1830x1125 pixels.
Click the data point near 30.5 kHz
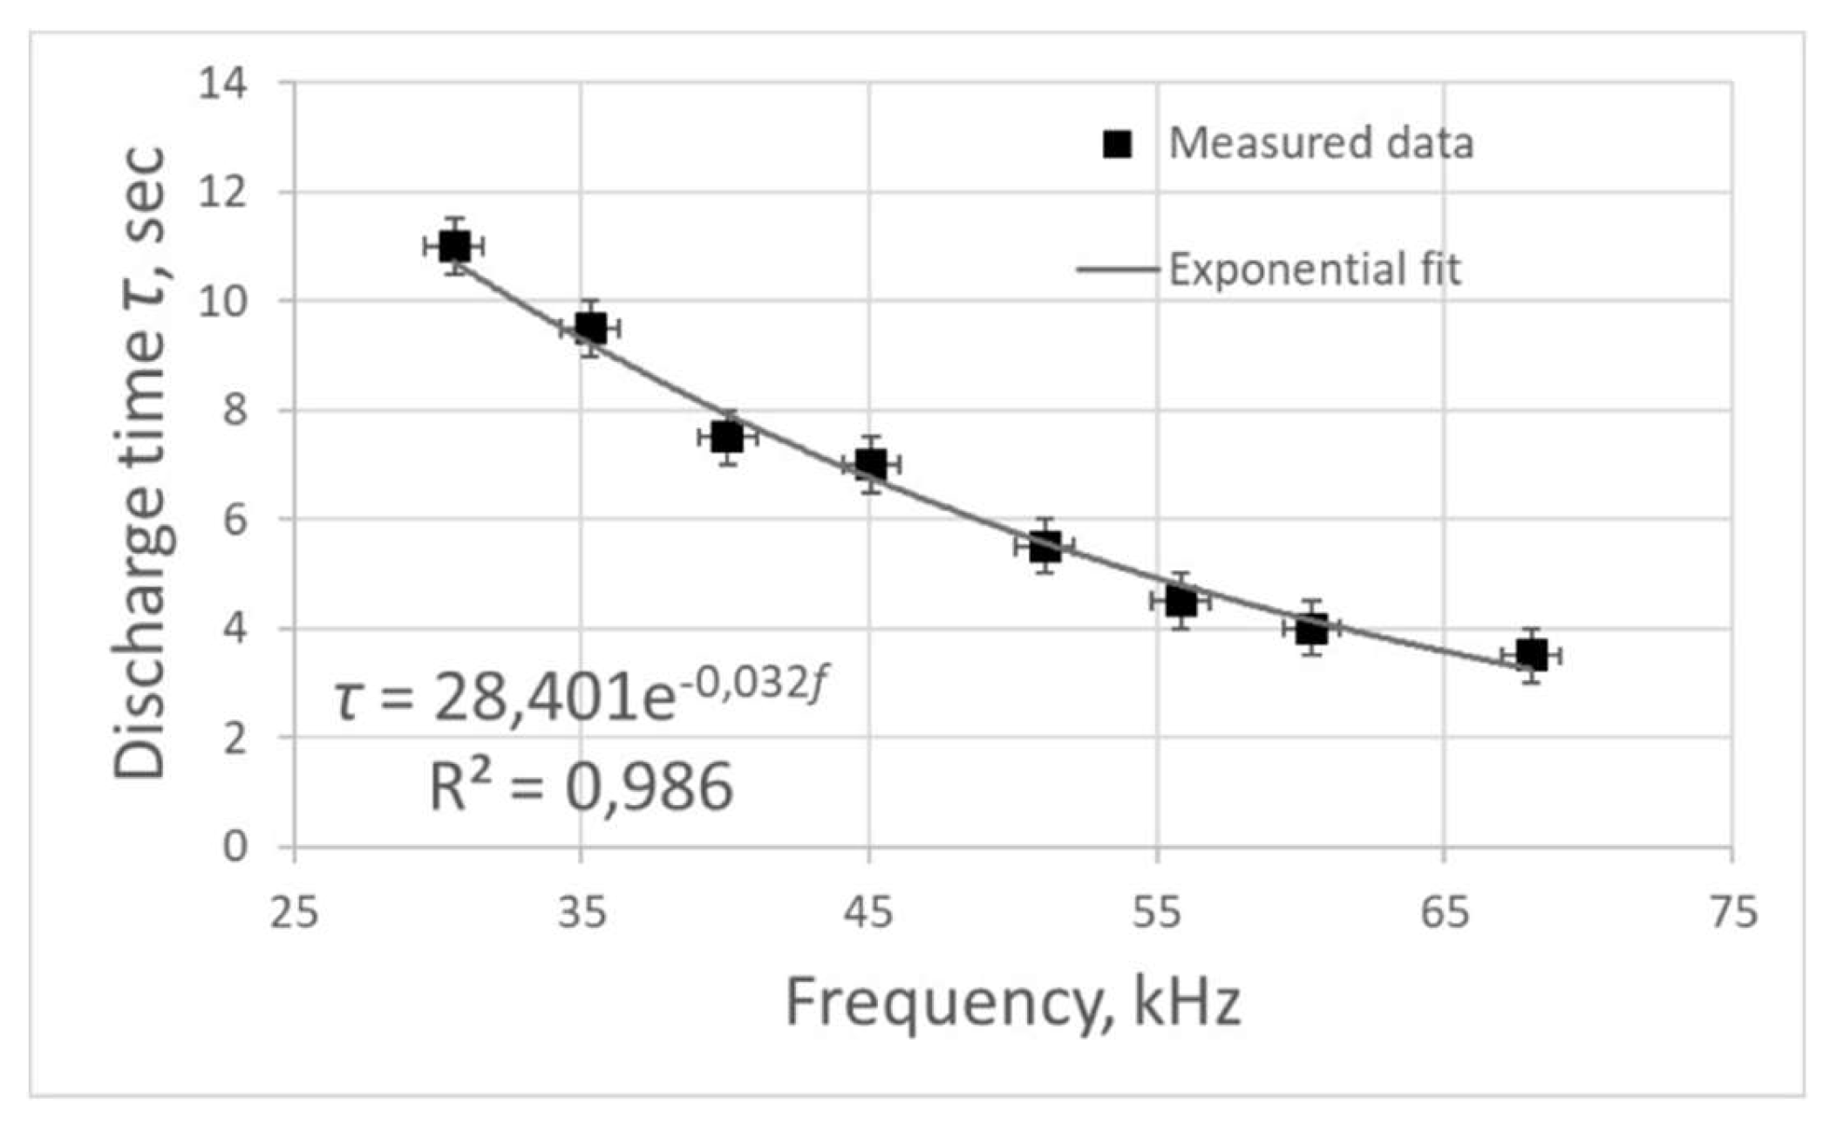pos(453,246)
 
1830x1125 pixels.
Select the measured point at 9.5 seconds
pos(590,328)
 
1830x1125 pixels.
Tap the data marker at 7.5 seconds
pos(727,437)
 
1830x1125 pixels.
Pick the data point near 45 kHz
pos(871,464)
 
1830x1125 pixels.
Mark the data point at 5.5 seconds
pos(1044,546)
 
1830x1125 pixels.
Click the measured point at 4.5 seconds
pos(1180,600)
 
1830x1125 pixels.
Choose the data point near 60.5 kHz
pos(1311,628)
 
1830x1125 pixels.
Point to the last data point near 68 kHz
pos(1531,655)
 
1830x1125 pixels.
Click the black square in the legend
pos(1117,144)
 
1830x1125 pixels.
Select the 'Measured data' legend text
pos(1320,143)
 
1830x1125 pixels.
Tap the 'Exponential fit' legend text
pos(1314,269)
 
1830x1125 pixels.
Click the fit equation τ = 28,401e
pos(580,698)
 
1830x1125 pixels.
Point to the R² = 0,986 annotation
pos(581,787)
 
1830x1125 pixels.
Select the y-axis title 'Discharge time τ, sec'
pos(139,462)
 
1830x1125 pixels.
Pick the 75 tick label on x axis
pos(1732,913)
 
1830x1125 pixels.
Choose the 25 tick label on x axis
pos(294,913)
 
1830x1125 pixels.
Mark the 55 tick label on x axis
pos(1157,913)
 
